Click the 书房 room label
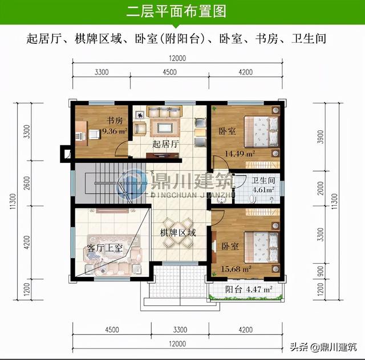(114, 120)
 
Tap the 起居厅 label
(165, 144)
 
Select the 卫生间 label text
(263, 181)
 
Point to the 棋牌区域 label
(178, 232)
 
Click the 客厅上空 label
(105, 248)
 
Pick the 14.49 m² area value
(240, 154)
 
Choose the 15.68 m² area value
(236, 269)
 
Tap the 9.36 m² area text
(115, 131)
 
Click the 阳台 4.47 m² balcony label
(249, 289)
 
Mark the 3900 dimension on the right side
(321, 137)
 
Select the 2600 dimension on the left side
(27, 183)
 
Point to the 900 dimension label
(321, 272)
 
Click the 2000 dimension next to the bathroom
(321, 189)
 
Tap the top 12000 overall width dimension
(177, 58)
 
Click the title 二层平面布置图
(176, 11)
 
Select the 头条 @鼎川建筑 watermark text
(323, 347)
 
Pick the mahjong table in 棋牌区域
(178, 232)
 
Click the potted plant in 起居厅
(140, 114)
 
